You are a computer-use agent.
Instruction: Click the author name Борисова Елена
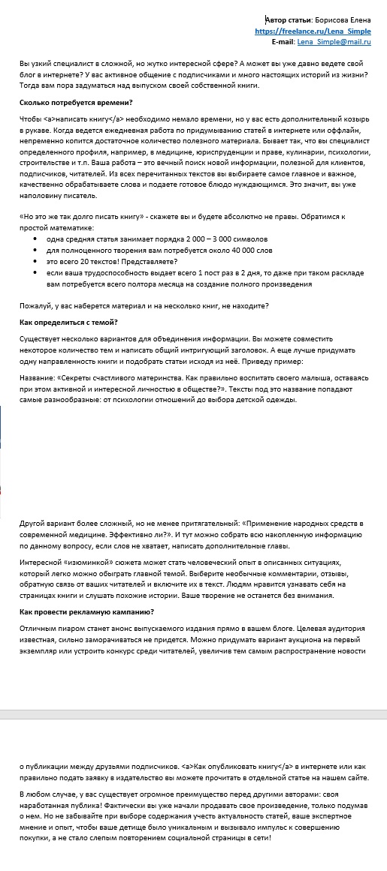(x=347, y=20)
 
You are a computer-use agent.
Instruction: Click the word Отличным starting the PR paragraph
(x=37, y=628)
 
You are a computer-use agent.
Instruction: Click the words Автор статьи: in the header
(x=291, y=20)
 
